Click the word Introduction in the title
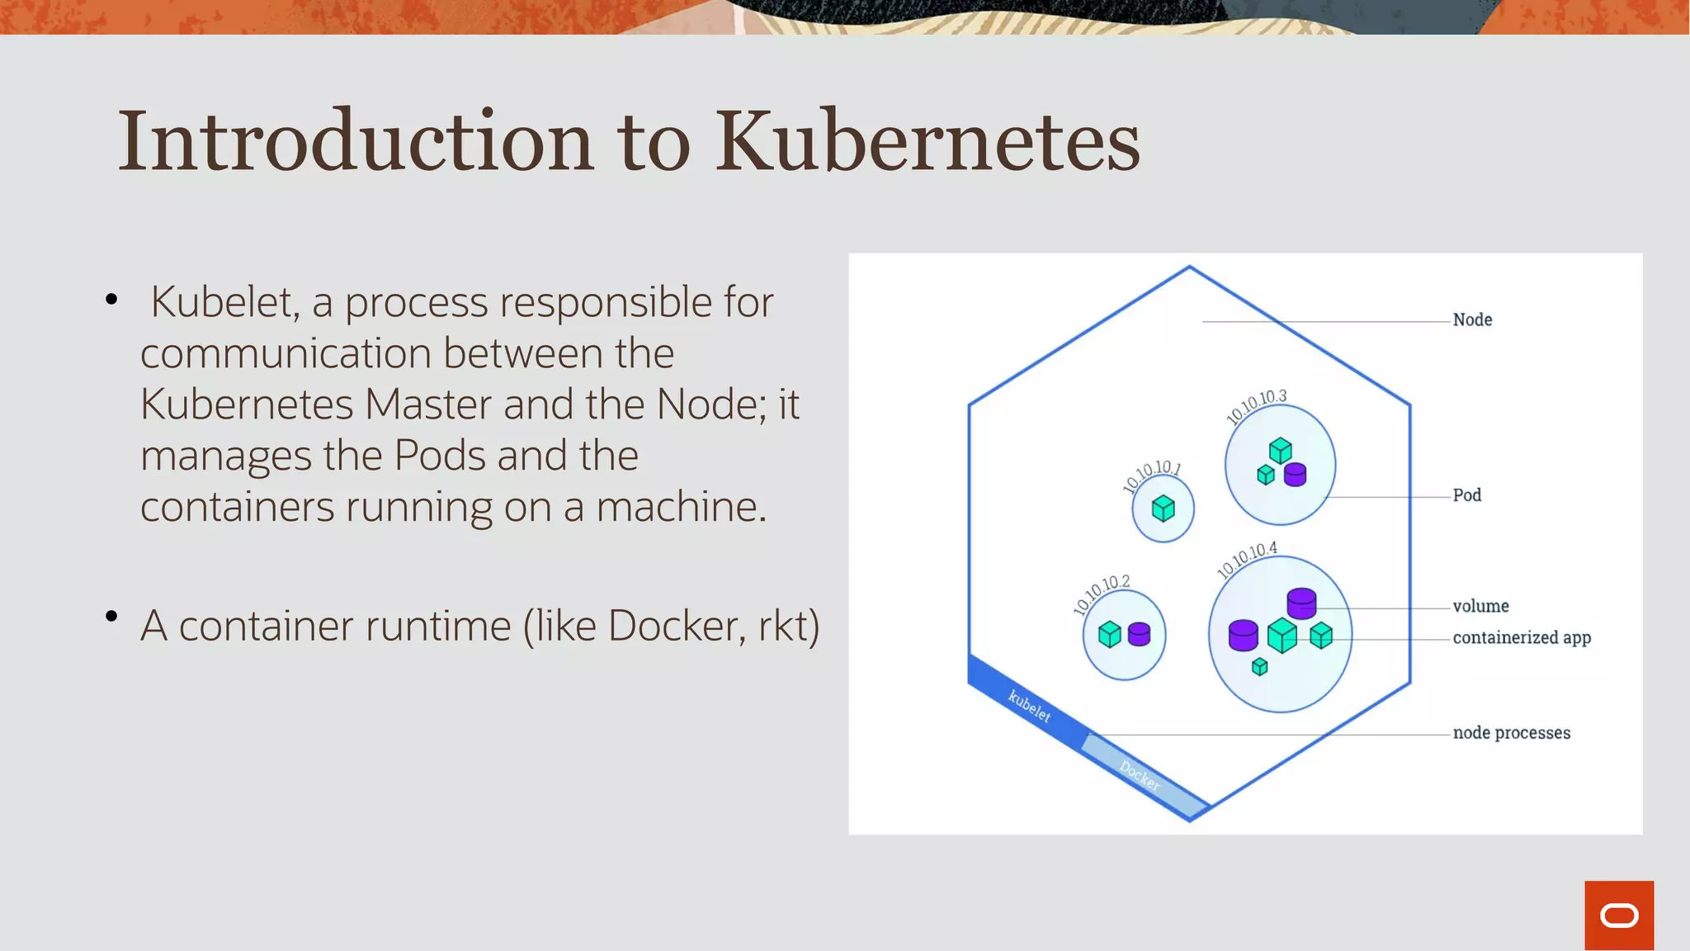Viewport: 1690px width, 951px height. click(x=355, y=142)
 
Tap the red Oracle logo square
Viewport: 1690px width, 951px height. click(x=1618, y=915)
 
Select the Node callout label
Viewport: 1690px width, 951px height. click(x=1472, y=319)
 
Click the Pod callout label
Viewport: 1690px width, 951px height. click(x=1466, y=495)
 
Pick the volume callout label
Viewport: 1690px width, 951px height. click(x=1480, y=606)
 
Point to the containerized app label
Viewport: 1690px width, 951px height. click(x=1521, y=637)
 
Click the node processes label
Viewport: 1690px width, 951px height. click(x=1511, y=732)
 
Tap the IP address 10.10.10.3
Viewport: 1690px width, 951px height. click(x=1256, y=406)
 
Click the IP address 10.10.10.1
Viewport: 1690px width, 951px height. click(x=1152, y=476)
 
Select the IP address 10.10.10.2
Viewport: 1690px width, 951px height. click(x=1101, y=594)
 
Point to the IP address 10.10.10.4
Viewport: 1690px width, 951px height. click(x=1247, y=560)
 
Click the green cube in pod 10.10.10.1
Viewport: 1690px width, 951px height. click(x=1163, y=509)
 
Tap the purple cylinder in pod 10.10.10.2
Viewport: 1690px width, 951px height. click(x=1139, y=634)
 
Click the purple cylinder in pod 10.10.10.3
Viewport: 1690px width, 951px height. click(x=1295, y=474)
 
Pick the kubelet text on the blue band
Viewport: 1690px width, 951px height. click(x=1029, y=707)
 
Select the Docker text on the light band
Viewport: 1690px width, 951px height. click(x=1140, y=775)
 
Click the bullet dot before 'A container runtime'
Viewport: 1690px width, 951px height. click(x=111, y=616)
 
